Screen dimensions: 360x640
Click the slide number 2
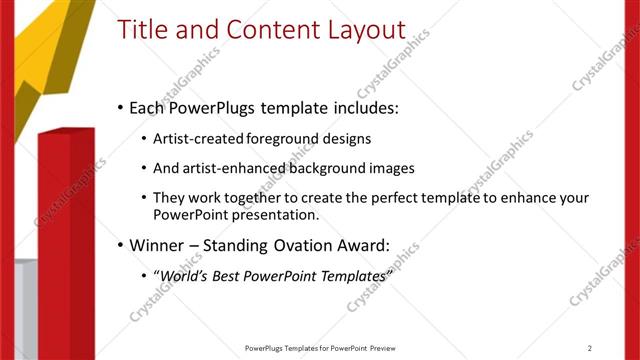tap(590, 348)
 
